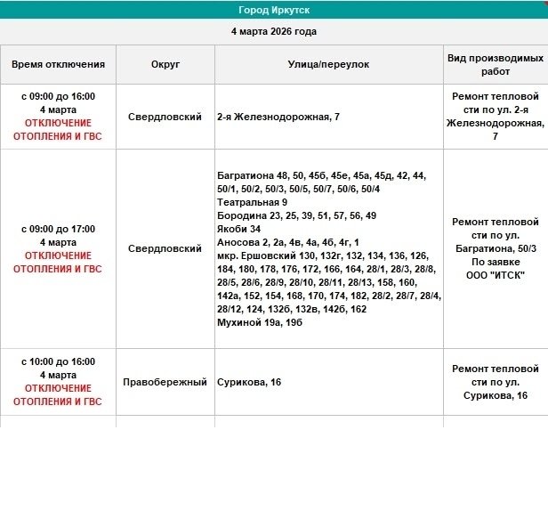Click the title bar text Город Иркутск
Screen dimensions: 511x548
coord(274,10)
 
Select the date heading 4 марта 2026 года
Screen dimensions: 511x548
coord(274,31)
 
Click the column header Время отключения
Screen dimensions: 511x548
coord(58,65)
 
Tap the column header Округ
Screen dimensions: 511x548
coord(165,65)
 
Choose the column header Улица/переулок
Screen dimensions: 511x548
coord(328,65)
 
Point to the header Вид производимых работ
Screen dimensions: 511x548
coord(496,65)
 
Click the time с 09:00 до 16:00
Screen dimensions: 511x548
coord(58,96)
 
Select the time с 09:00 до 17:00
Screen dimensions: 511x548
coord(58,229)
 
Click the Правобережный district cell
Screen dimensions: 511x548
coord(165,382)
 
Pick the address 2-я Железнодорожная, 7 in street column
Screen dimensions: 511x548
coord(278,118)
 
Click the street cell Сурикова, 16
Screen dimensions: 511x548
coord(249,382)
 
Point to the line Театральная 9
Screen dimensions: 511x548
coord(252,203)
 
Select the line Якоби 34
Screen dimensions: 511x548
coord(239,229)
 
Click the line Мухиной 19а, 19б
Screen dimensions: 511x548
coord(260,322)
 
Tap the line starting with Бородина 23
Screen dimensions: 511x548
coord(296,216)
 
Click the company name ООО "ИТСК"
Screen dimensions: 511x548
coord(496,275)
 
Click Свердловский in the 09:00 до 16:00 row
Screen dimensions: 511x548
coord(165,118)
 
